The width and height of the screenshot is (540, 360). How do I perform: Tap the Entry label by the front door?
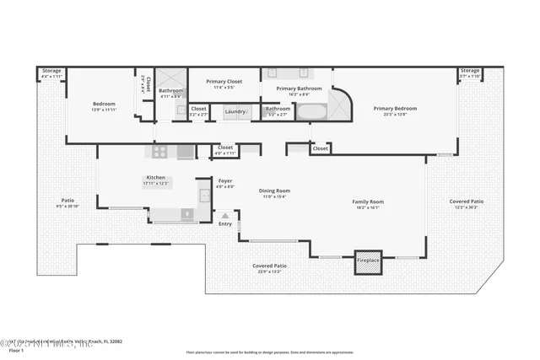click(x=225, y=223)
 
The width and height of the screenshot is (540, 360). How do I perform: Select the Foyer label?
click(x=225, y=180)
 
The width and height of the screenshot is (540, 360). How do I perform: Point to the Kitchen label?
click(x=154, y=178)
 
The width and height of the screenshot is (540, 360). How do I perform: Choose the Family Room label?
click(x=368, y=201)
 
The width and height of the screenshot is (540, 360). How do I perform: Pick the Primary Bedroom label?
click(x=395, y=109)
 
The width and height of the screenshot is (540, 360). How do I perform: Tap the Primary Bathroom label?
click(x=299, y=89)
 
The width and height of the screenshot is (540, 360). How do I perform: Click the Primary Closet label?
click(x=224, y=82)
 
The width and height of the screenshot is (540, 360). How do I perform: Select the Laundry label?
click(x=235, y=111)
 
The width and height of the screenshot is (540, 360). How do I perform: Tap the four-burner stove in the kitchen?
click(x=158, y=152)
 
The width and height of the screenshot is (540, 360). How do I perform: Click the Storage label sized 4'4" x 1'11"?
click(x=52, y=72)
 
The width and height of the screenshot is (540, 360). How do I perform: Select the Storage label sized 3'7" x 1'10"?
click(x=470, y=72)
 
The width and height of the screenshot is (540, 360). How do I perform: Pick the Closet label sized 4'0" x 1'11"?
click(x=225, y=148)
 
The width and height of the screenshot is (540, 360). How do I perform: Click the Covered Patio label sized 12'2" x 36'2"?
click(x=466, y=201)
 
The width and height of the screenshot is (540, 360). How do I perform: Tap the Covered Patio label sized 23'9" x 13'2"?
click(x=269, y=266)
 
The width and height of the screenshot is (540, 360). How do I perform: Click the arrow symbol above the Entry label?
click(x=225, y=215)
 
